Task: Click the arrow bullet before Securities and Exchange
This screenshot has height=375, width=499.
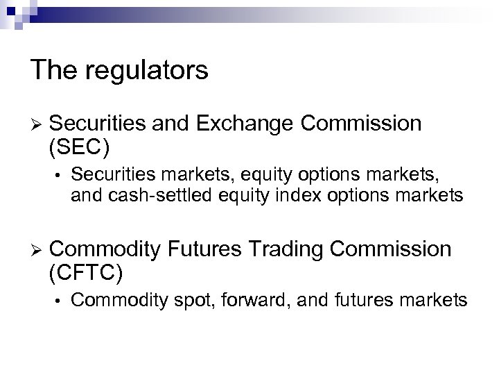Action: point(37,124)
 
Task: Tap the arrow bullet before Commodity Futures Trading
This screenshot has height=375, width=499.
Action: point(37,249)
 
